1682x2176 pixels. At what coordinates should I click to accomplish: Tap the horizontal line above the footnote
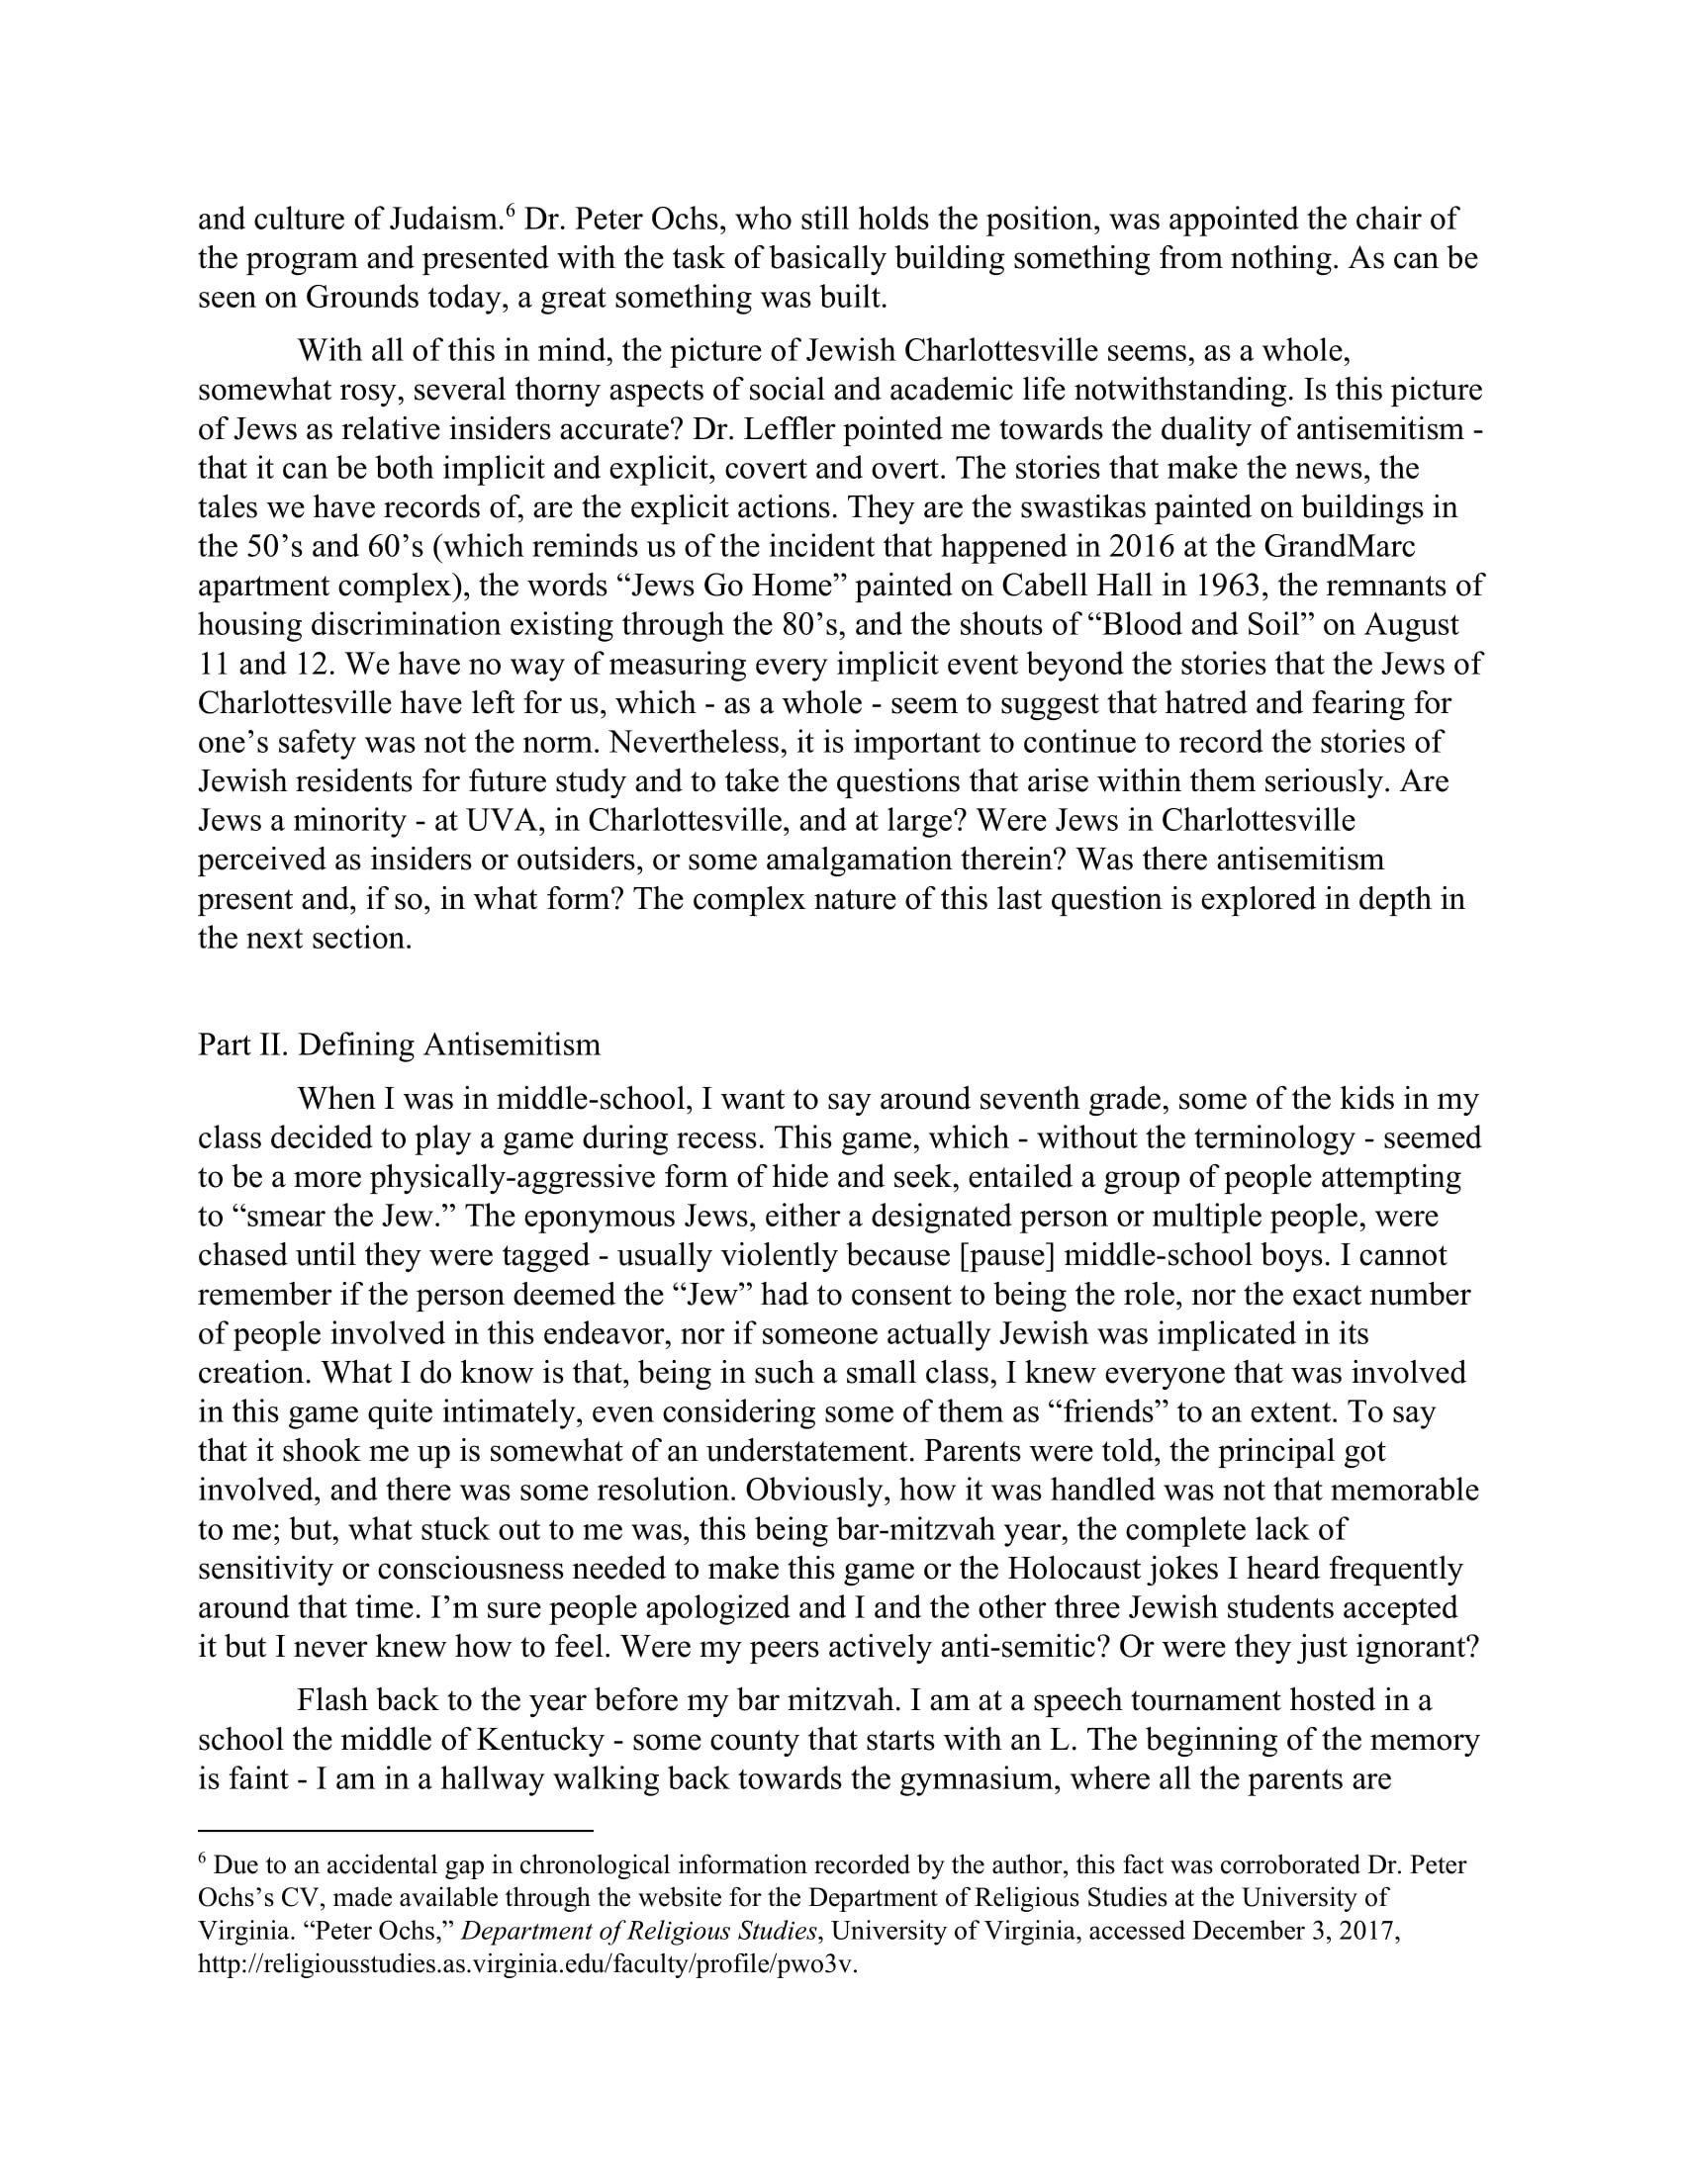pos(396,1829)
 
